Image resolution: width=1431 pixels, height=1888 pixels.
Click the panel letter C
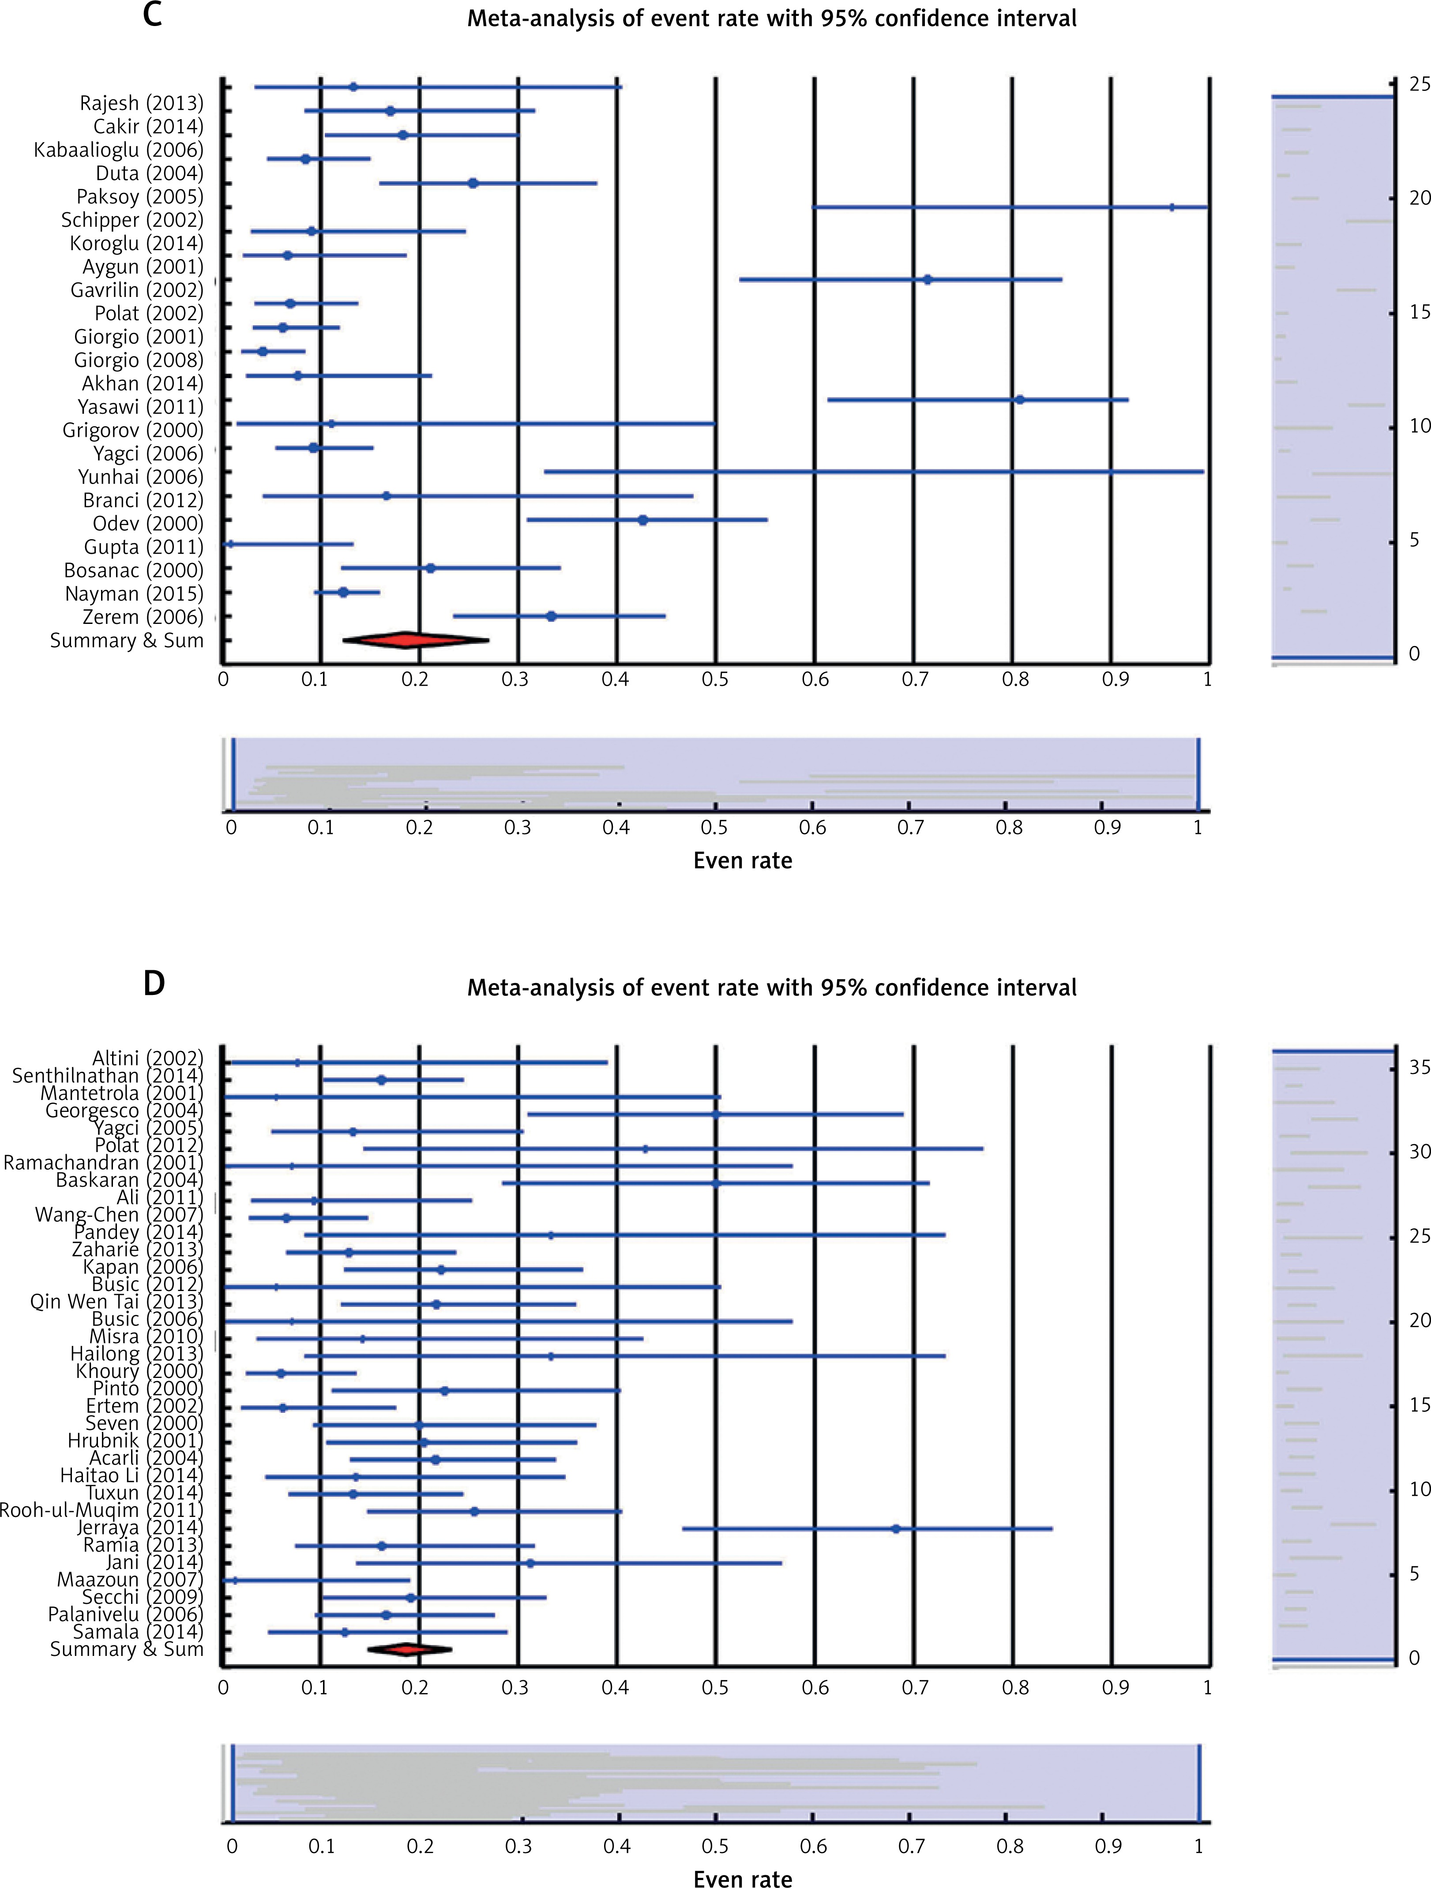[152, 15]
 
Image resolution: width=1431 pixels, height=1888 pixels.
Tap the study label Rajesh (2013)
[142, 103]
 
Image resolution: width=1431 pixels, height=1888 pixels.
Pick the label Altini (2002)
[148, 1058]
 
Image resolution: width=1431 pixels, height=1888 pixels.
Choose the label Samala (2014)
[138, 1632]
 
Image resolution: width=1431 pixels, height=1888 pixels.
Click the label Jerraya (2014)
[140, 1528]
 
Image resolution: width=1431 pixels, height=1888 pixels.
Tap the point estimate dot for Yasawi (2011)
[1019, 399]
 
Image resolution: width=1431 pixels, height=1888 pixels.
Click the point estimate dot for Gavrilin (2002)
[928, 279]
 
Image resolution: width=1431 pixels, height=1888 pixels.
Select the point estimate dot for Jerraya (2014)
[896, 1529]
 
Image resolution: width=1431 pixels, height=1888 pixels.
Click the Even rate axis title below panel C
[742, 860]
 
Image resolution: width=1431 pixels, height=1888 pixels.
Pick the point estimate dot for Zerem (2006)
[551, 616]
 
